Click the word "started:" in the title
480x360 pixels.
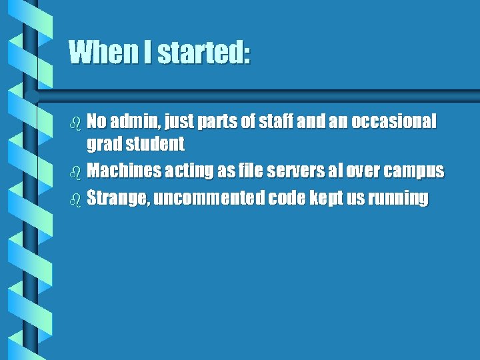click(x=203, y=52)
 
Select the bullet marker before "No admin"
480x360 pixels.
click(x=75, y=122)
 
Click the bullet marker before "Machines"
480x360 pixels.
click(x=75, y=171)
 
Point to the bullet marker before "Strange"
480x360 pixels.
click(x=75, y=199)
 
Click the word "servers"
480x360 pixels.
click(x=291, y=171)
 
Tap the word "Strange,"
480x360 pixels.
click(x=117, y=199)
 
